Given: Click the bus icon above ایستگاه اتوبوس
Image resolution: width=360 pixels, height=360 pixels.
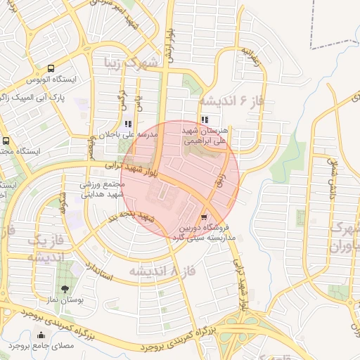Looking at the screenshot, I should click(x=51, y=69).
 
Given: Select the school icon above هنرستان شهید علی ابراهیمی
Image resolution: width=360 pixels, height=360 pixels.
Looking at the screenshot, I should click(x=205, y=120).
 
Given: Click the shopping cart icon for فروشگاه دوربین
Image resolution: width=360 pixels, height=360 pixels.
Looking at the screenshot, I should click(x=204, y=217).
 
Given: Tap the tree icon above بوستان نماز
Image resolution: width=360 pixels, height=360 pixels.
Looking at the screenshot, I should click(x=65, y=289).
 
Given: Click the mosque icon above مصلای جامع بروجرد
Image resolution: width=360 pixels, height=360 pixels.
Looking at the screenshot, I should click(x=40, y=335).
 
